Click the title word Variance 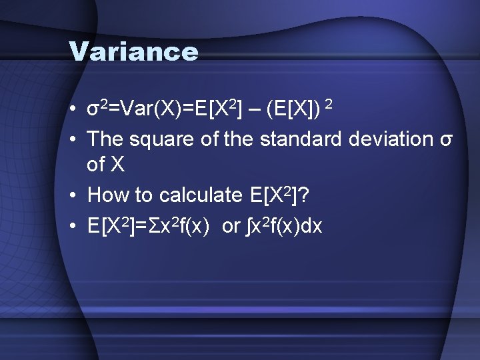(x=133, y=52)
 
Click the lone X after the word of (x=117, y=166)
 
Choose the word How (x=107, y=195)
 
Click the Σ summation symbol (x=153, y=227)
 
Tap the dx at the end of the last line (x=311, y=227)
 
